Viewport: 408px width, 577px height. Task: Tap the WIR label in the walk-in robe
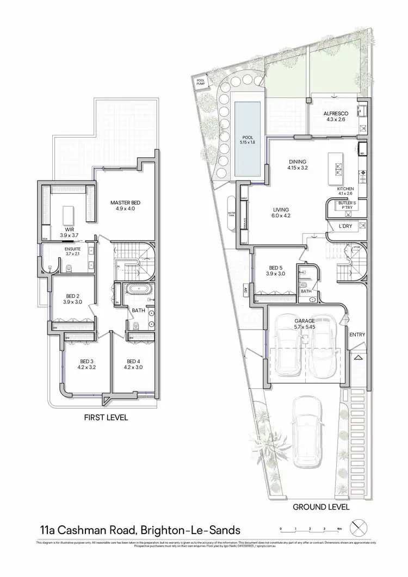(69, 229)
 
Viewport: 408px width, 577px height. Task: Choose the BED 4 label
(134, 361)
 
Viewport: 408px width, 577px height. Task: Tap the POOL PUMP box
(201, 82)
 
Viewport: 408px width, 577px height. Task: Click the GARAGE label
(304, 321)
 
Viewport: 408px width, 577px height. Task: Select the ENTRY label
(357, 334)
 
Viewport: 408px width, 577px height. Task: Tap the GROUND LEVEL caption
(321, 506)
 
